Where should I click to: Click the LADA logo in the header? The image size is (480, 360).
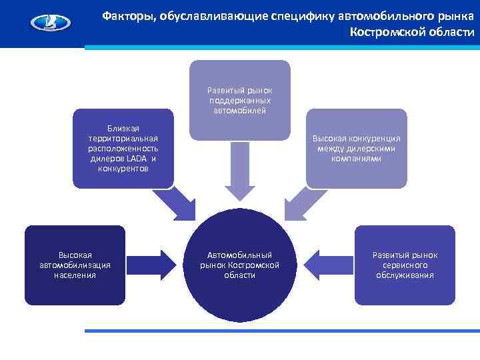[x=50, y=23]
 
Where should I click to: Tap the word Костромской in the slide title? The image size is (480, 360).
[x=380, y=32]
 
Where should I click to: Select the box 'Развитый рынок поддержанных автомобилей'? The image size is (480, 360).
[x=240, y=100]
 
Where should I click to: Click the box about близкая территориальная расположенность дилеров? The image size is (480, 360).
[x=123, y=148]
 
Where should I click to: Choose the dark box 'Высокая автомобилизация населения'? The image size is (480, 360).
[x=75, y=265]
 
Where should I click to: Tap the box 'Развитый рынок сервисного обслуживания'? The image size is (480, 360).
[x=405, y=265]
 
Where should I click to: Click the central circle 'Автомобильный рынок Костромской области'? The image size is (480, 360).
[x=239, y=265]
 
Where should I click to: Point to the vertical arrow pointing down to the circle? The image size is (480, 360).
[x=239, y=170]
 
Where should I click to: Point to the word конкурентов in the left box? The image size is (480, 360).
[x=123, y=169]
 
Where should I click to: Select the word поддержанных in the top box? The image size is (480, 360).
[x=240, y=100]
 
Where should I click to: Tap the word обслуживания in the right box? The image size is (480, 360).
[x=405, y=275]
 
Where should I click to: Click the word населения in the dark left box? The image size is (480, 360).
[x=75, y=275]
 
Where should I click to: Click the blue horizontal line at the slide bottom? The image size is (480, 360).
[x=280, y=331]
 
